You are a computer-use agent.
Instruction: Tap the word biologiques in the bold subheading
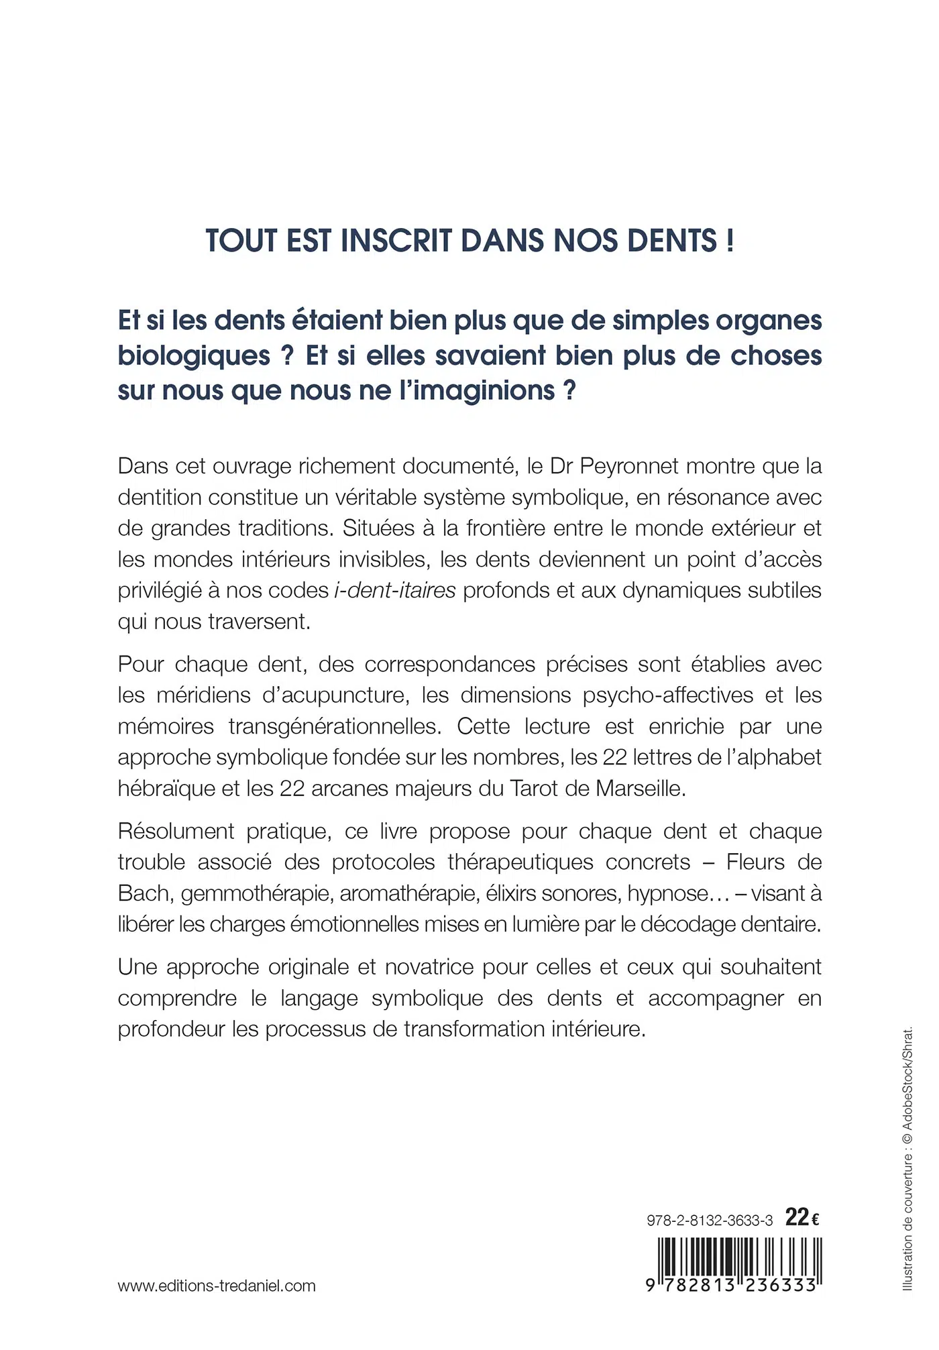click(x=195, y=356)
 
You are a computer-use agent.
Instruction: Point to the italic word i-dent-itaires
click(x=394, y=591)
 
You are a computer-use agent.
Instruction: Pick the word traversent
click(x=259, y=622)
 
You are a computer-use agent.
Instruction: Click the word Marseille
click(x=641, y=789)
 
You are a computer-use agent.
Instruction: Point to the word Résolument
click(x=176, y=832)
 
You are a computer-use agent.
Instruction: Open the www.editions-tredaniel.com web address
click(x=217, y=1286)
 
